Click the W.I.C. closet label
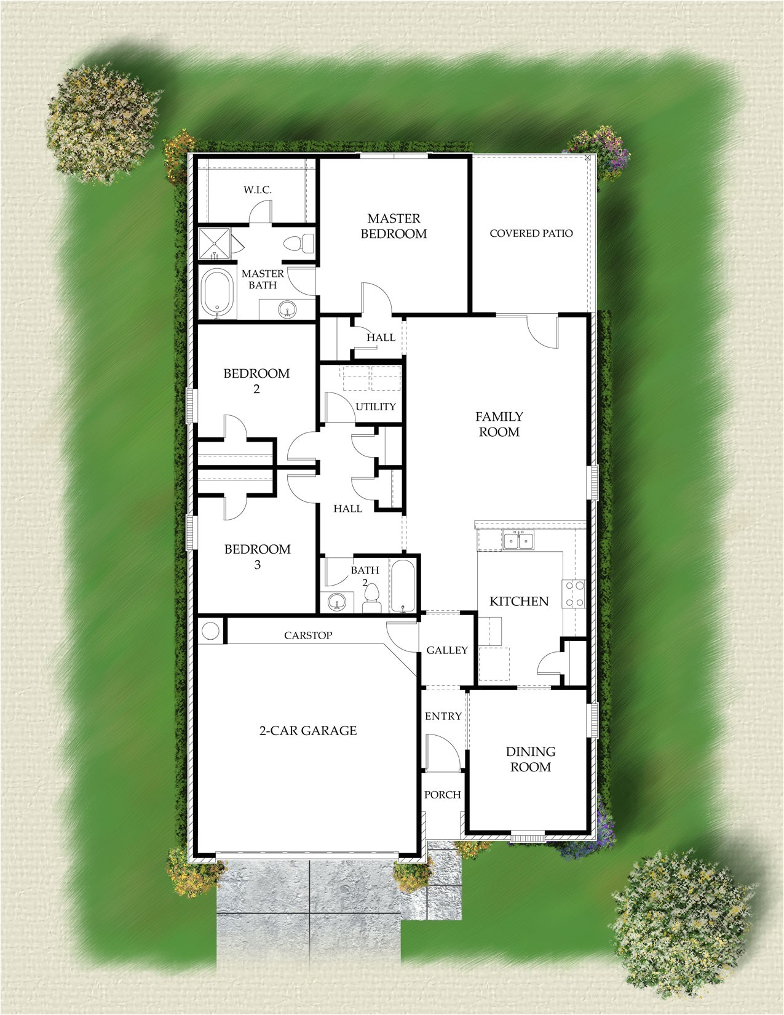(257, 190)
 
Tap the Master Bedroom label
(394, 226)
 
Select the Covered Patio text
(531, 233)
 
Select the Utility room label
(376, 406)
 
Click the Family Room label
(499, 424)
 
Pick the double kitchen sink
(519, 540)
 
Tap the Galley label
(447, 650)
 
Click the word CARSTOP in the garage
(308, 635)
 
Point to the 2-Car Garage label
(307, 731)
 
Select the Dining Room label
(531, 759)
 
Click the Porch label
(442, 795)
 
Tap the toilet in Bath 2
(371, 597)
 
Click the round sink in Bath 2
(336, 601)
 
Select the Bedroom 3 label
(257, 556)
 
